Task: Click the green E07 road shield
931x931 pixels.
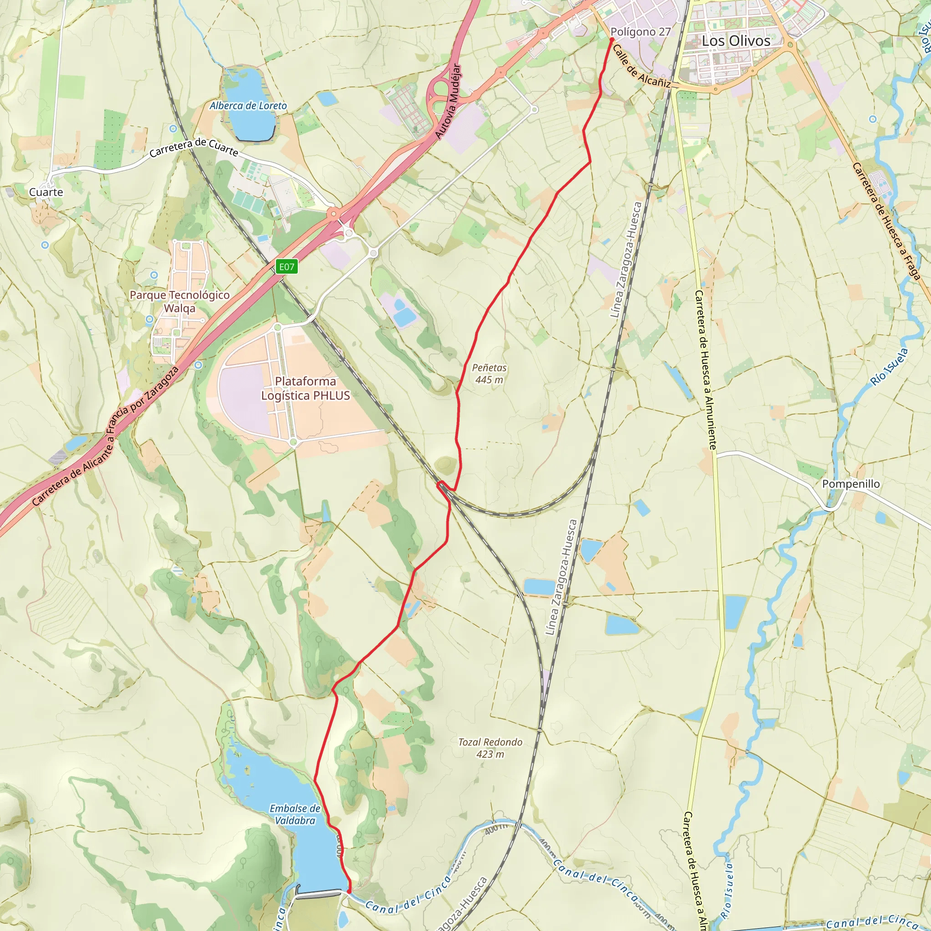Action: click(x=287, y=267)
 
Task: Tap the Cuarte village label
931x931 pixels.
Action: click(x=46, y=192)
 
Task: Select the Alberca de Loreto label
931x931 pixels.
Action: click(x=248, y=105)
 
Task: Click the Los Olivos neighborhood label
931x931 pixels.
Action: click(x=736, y=41)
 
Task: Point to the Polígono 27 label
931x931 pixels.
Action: click(x=641, y=32)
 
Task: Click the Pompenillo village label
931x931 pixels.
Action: click(x=851, y=484)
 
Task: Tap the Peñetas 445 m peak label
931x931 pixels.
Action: click(x=489, y=374)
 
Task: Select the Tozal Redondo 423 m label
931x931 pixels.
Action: click(x=490, y=748)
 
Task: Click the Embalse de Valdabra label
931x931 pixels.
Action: click(x=295, y=814)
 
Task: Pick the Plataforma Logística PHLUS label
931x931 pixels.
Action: click(x=305, y=388)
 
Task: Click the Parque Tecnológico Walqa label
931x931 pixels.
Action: click(x=180, y=302)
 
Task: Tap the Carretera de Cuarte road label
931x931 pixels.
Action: click(x=194, y=147)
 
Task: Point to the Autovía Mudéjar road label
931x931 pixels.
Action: click(x=448, y=101)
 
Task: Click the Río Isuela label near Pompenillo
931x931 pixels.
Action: click(x=889, y=367)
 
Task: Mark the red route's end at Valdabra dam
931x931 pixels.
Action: click(x=349, y=891)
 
